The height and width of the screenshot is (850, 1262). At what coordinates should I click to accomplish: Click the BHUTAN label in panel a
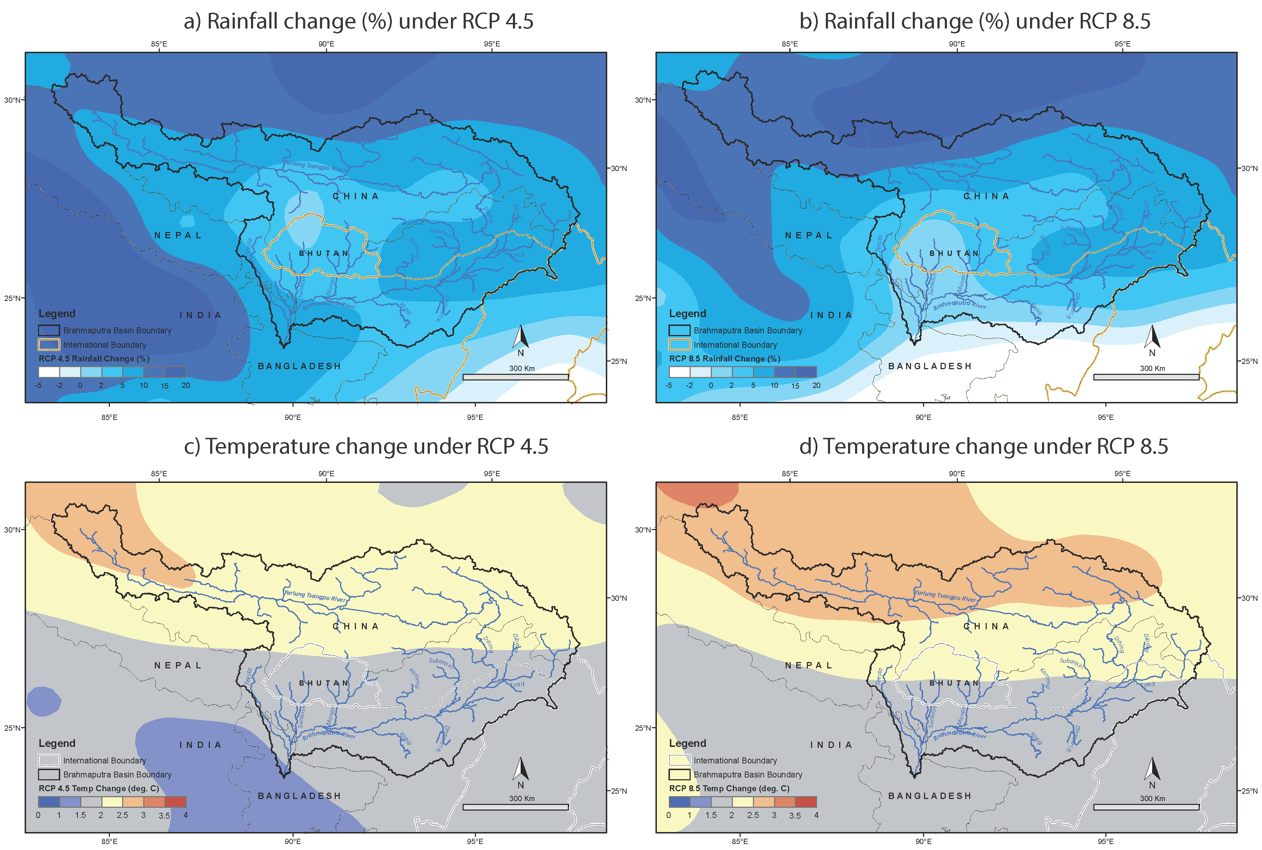click(x=324, y=253)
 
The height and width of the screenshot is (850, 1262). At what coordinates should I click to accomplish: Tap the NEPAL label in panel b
click(x=808, y=235)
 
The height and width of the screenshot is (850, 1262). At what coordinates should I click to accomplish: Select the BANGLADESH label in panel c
click(x=299, y=796)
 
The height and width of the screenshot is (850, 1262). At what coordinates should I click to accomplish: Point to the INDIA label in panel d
click(x=831, y=745)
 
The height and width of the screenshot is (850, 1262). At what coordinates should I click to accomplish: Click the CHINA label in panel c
click(x=356, y=626)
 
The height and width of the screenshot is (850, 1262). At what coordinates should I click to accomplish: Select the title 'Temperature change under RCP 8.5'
click(x=983, y=446)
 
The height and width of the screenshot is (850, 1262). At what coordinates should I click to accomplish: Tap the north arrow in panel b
click(x=1152, y=337)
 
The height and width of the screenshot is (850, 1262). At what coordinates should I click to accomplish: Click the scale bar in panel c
click(x=515, y=807)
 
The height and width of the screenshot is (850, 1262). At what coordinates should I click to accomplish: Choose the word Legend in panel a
click(x=57, y=313)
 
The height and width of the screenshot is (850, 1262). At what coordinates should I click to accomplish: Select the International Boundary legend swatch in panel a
click(x=49, y=345)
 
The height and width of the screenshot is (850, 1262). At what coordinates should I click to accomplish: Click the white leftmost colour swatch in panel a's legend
click(x=49, y=372)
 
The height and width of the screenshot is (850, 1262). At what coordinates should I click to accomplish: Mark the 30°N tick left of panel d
click(x=642, y=530)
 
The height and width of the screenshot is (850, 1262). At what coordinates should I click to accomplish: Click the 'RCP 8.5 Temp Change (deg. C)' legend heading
click(x=729, y=788)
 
